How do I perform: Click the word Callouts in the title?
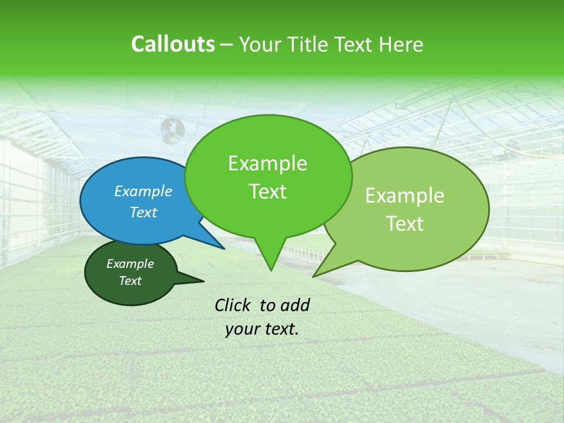click(173, 44)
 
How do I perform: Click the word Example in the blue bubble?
click(143, 191)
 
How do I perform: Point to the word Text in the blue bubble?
click(143, 212)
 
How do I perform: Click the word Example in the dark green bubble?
click(130, 264)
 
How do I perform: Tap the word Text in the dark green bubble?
click(130, 281)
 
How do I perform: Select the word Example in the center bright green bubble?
click(267, 163)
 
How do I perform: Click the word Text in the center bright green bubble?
click(267, 192)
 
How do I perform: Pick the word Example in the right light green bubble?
click(405, 196)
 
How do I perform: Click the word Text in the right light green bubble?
click(405, 224)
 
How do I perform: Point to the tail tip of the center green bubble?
click(270, 270)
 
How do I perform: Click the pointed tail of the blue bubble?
click(223, 248)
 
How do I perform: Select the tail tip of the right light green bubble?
click(314, 276)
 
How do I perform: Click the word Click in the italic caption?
click(234, 305)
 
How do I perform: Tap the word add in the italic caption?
click(295, 305)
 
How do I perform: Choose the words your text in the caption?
click(262, 329)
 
